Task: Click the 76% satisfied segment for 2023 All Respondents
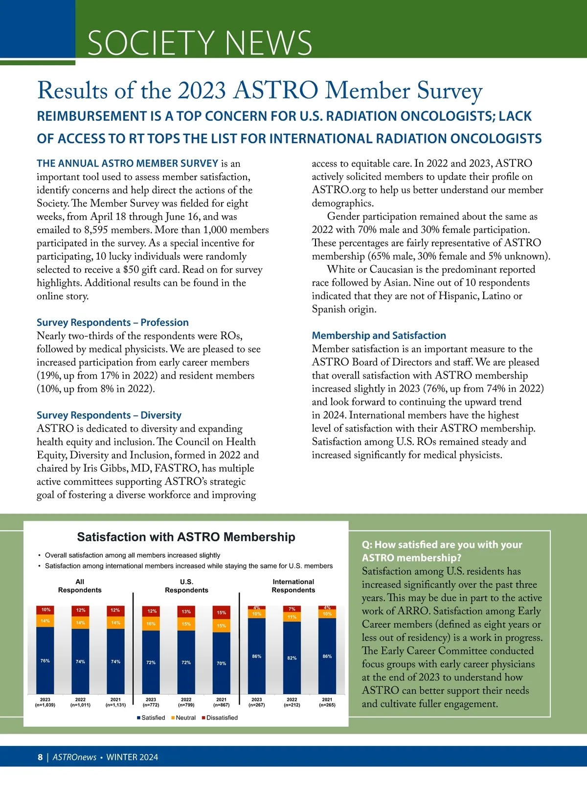pyautogui.click(x=45, y=660)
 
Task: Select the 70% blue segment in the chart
pyautogui.click(x=221, y=663)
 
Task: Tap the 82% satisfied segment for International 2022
pyautogui.click(x=292, y=658)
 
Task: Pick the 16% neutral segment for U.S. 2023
pyautogui.click(x=151, y=624)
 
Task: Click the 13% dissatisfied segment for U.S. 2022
pyautogui.click(x=186, y=611)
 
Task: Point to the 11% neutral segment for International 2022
pyautogui.click(x=292, y=617)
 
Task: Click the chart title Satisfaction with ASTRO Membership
pyautogui.click(x=186, y=537)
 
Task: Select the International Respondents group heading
pyautogui.click(x=293, y=586)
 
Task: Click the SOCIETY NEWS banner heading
pyautogui.click(x=200, y=43)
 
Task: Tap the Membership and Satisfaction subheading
pyautogui.click(x=379, y=336)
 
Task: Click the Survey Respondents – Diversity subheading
pyautogui.click(x=109, y=415)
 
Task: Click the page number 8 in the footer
pyautogui.click(x=40, y=757)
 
